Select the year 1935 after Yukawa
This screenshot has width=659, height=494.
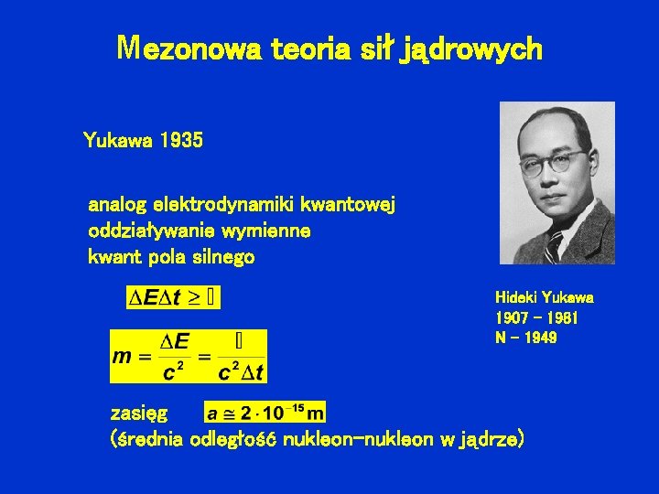click(x=180, y=141)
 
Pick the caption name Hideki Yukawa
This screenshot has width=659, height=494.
click(x=544, y=297)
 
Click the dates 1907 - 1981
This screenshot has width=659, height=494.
click(x=536, y=317)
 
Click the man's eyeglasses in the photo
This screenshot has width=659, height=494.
click(x=553, y=165)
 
